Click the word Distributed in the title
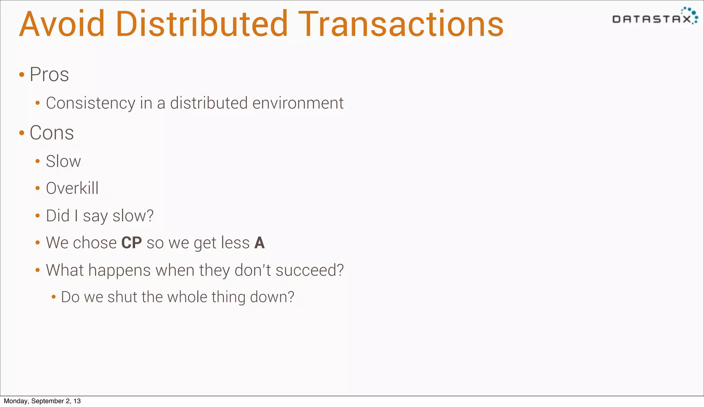(202, 24)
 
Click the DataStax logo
(654, 16)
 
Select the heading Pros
(49, 75)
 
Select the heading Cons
(52, 133)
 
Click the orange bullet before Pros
(22, 75)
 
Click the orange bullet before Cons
(22, 133)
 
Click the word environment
(298, 103)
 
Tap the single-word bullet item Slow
(63, 162)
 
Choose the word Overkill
(72, 188)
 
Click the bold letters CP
(131, 243)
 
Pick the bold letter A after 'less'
(260, 243)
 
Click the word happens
(119, 270)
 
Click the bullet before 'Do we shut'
(53, 297)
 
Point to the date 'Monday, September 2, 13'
(42, 401)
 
